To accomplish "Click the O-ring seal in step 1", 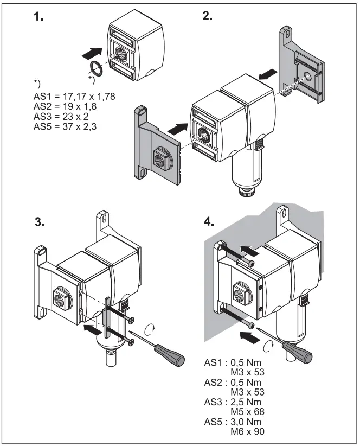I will (96, 69).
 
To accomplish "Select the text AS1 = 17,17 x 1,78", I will (74, 96).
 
